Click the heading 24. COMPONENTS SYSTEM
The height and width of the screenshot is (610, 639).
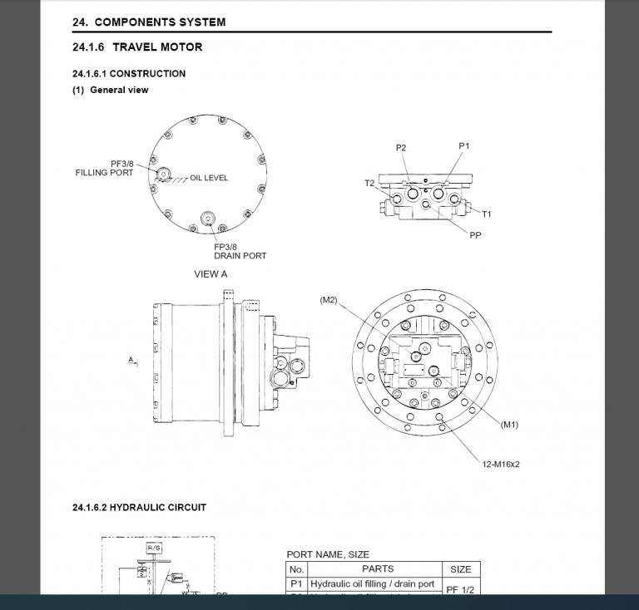pyautogui.click(x=149, y=22)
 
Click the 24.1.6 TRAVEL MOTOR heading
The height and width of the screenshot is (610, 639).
pyautogui.click(x=137, y=47)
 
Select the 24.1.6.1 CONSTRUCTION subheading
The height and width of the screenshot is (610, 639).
pyautogui.click(x=129, y=73)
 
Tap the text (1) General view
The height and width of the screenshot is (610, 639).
pyautogui.click(x=111, y=90)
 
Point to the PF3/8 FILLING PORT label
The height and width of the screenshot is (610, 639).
pyautogui.click(x=104, y=168)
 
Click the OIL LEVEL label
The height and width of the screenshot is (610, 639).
pyautogui.click(x=209, y=178)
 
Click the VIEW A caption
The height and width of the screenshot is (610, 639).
pyautogui.click(x=211, y=273)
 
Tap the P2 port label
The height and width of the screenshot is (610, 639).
pyautogui.click(x=401, y=148)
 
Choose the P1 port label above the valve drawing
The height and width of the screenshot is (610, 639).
pyautogui.click(x=464, y=145)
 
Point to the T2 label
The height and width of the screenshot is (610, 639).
pyautogui.click(x=369, y=184)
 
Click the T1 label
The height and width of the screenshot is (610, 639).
pyautogui.click(x=487, y=214)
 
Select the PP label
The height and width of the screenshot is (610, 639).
pyautogui.click(x=475, y=235)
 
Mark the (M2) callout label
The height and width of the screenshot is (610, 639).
pyautogui.click(x=329, y=300)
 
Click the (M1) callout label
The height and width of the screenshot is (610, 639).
pyautogui.click(x=510, y=425)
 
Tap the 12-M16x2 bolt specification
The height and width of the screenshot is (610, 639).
pyautogui.click(x=500, y=464)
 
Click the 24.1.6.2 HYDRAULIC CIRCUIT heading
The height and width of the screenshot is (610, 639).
pyautogui.click(x=140, y=507)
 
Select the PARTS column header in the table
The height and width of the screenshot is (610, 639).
pyautogui.click(x=378, y=569)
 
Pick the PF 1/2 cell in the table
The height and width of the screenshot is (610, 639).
pyautogui.click(x=460, y=589)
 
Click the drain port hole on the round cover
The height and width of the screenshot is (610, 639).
pyautogui.click(x=207, y=219)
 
